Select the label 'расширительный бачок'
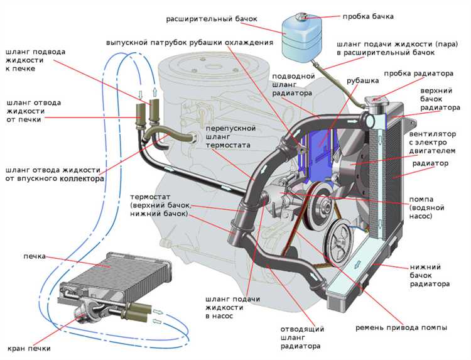click(212, 19)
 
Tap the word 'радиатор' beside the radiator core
click(430, 163)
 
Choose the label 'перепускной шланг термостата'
click(227, 136)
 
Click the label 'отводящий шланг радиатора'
click(301, 337)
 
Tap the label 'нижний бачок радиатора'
click(430, 275)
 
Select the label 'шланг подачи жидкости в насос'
click(224, 308)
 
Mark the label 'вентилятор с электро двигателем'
click(437, 142)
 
